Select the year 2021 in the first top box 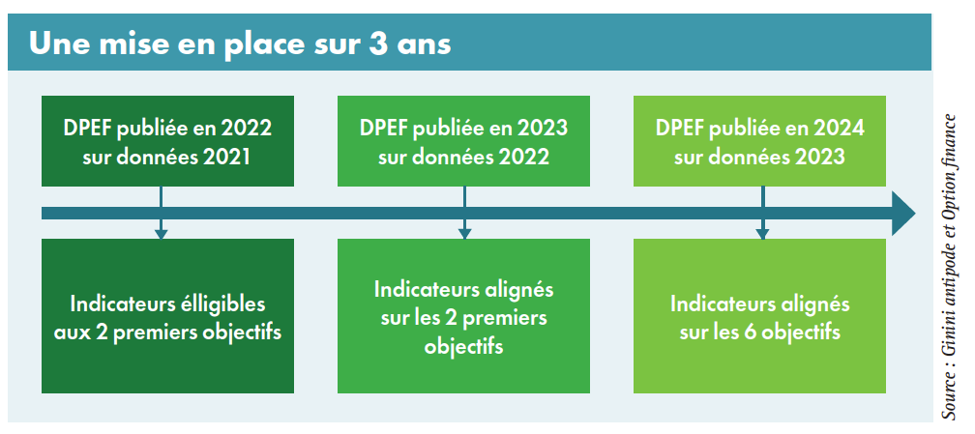click(x=226, y=157)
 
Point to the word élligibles click(x=222, y=304)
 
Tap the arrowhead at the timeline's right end click(x=903, y=214)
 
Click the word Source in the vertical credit click(x=949, y=396)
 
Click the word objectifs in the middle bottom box click(x=464, y=346)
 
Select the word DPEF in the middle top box click(x=380, y=129)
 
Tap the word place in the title click(x=266, y=45)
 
